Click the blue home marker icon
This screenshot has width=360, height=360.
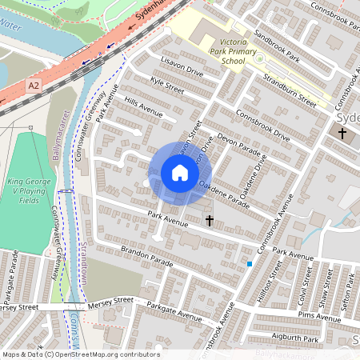(180, 172)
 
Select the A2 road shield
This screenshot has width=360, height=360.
(33, 85)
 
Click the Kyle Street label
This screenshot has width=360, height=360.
(167, 87)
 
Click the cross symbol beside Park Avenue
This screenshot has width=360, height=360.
(210, 219)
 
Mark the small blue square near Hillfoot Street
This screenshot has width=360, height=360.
(250, 263)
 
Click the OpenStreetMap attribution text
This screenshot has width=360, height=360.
(79, 354)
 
